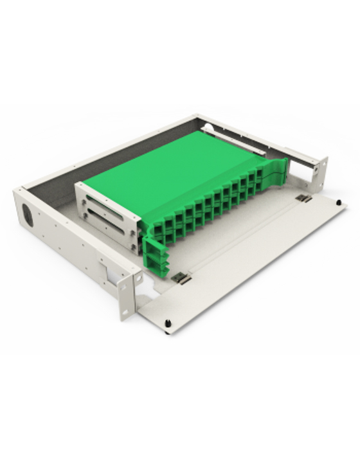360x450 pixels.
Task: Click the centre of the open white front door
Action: coord(251,264)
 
